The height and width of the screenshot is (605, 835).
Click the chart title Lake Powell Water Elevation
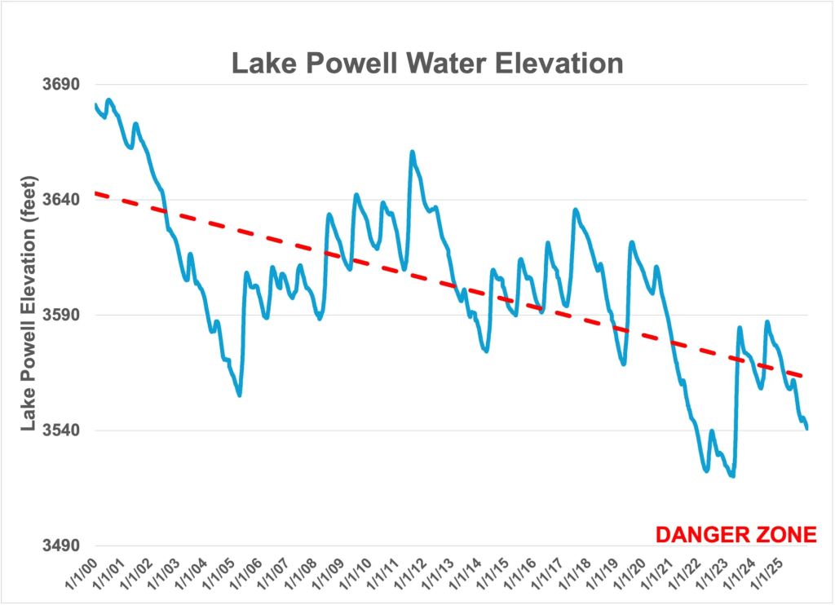[x=427, y=63]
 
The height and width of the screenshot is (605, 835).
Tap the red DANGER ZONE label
[x=736, y=535]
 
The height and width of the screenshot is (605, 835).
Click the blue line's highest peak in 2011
[x=413, y=152]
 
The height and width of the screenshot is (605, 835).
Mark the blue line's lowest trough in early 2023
[x=733, y=476]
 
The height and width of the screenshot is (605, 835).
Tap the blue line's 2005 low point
[x=240, y=395]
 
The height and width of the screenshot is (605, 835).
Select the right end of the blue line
[x=806, y=429]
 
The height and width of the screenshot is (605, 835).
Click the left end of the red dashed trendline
[x=96, y=193]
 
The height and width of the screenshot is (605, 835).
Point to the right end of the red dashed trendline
[x=804, y=377]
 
